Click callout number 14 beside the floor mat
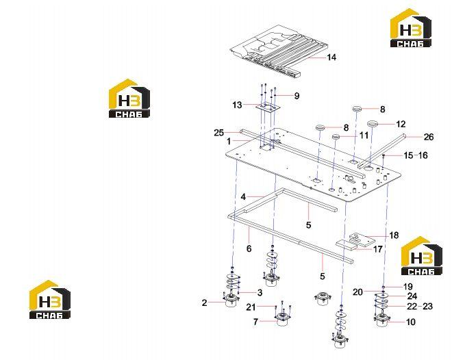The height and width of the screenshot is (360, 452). point(331,57)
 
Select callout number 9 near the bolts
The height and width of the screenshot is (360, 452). point(297,96)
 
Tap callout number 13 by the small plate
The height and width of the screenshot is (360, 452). point(237,105)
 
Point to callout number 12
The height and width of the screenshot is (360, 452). point(401,124)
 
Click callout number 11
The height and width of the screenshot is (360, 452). point(364,136)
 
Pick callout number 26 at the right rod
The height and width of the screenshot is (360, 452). point(428,137)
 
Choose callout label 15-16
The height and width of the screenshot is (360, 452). point(415,155)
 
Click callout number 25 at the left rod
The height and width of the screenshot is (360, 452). point(218,133)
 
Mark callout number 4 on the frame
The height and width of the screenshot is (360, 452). point(243,197)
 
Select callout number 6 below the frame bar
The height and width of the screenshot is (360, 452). point(249,248)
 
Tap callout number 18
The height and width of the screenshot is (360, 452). point(394,235)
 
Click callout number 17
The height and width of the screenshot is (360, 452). point(378,249)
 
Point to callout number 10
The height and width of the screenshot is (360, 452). point(410,322)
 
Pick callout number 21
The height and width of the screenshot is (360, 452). point(251,307)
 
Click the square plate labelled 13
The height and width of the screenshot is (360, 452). point(268,107)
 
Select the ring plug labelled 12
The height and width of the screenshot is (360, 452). point(372,124)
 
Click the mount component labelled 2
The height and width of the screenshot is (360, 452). point(231,300)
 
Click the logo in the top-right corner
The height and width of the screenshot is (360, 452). point(411,27)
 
